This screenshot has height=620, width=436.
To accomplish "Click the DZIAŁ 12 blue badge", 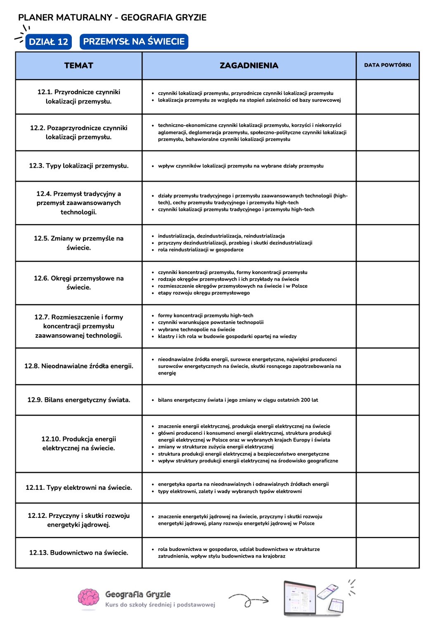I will [48, 42].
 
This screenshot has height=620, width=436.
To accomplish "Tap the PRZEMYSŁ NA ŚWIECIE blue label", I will [134, 41].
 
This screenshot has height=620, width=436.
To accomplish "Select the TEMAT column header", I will [79, 65].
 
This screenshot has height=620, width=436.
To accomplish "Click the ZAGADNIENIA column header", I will [249, 65].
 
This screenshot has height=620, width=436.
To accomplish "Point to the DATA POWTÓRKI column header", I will [387, 65].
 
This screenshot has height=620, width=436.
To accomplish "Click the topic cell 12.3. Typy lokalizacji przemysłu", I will [79, 166].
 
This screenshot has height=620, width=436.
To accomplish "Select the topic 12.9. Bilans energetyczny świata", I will [79, 400].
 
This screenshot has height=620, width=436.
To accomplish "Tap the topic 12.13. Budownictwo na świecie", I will [79, 553].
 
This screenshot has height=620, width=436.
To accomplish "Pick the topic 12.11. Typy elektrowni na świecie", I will [79, 487].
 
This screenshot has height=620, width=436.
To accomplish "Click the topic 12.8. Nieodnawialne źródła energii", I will [79, 366].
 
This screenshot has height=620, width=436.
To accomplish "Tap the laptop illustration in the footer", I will [300, 598].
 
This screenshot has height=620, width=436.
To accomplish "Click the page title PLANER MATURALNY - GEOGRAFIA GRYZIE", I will [112, 17].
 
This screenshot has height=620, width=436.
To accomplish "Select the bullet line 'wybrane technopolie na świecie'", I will [197, 329].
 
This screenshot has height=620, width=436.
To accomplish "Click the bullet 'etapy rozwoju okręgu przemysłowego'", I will [204, 293].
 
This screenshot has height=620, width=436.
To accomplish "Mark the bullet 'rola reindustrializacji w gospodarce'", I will [201, 250].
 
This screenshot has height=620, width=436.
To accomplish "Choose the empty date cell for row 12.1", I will [387, 97].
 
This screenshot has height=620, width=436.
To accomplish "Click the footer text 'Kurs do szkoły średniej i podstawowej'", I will [160, 605].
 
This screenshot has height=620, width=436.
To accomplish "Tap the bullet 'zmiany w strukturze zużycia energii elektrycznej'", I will [216, 447].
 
